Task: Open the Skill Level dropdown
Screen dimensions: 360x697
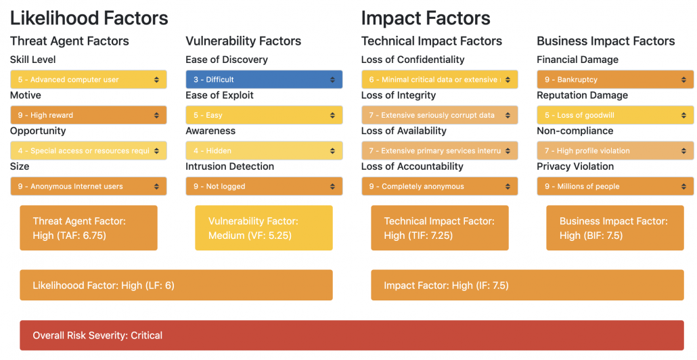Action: click(x=88, y=80)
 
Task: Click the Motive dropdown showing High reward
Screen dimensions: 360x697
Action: click(x=88, y=115)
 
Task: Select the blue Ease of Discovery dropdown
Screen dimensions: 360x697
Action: click(x=264, y=80)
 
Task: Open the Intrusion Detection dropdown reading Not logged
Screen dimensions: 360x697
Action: click(x=264, y=186)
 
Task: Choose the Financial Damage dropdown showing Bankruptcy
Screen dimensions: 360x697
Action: click(x=615, y=80)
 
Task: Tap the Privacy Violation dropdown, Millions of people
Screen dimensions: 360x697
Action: click(x=615, y=186)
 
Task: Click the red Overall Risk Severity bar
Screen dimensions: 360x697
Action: click(x=351, y=335)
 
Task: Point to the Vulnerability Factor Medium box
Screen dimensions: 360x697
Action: click(x=264, y=228)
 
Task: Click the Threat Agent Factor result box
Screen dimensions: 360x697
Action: click(x=88, y=228)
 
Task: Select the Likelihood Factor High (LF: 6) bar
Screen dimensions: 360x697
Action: click(x=176, y=285)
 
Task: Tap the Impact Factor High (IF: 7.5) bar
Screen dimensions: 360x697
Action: click(x=527, y=285)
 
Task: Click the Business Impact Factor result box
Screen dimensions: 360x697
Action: click(x=615, y=228)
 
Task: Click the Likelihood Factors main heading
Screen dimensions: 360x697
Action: click(x=89, y=18)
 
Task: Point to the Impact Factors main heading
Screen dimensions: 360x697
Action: click(x=426, y=18)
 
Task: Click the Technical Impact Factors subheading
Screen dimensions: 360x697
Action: click(x=432, y=41)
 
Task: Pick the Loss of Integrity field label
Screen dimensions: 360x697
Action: click(x=399, y=95)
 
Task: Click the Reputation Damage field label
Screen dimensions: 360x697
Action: click(x=582, y=95)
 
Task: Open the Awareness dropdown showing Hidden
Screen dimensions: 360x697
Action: click(x=264, y=151)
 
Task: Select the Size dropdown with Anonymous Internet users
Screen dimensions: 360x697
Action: click(x=88, y=186)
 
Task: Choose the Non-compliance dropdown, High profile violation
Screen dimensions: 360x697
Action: click(x=615, y=151)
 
